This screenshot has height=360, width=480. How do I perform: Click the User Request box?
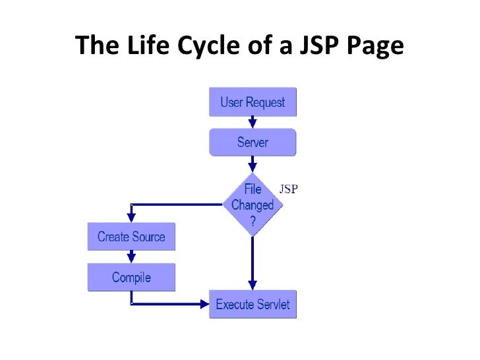pyautogui.click(x=253, y=103)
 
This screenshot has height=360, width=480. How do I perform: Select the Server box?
pyautogui.click(x=253, y=142)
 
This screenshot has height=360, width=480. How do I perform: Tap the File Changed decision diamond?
pyautogui.click(x=253, y=204)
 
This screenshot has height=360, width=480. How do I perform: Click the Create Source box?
pyautogui.click(x=131, y=237)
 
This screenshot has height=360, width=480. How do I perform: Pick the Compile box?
pyautogui.click(x=131, y=278)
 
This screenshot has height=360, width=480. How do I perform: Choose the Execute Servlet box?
pyautogui.click(x=253, y=305)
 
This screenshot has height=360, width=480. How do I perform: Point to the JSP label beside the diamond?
pyautogui.click(x=288, y=189)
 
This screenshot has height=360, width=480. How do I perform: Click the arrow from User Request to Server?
pyautogui.click(x=253, y=123)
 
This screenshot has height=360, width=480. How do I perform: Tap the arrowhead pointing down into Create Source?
pyautogui.click(x=131, y=218)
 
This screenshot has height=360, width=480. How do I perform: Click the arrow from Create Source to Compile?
pyautogui.click(x=131, y=257)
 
